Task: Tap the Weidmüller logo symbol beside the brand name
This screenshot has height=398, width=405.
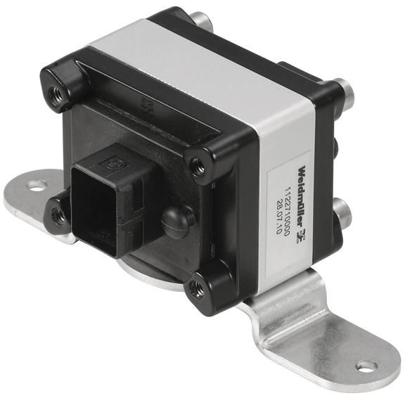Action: (x=302, y=236)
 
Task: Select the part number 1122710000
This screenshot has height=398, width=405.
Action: (x=287, y=211)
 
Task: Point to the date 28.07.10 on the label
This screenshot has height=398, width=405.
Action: (x=278, y=214)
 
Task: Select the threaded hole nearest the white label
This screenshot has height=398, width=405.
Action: (x=198, y=167)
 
